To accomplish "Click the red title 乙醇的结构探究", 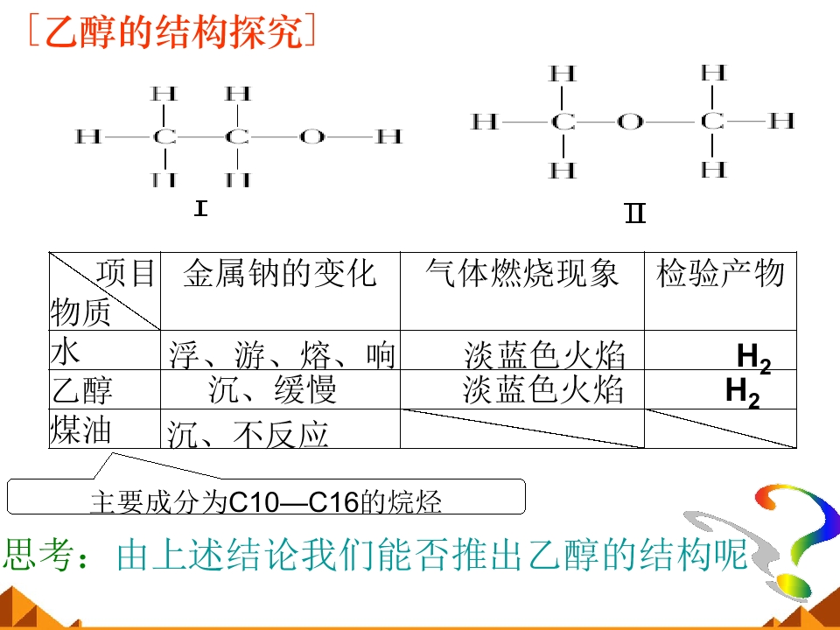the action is [x=171, y=31].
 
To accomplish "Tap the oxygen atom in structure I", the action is [x=311, y=136].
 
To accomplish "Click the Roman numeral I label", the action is [x=201, y=208].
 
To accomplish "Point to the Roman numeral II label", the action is [x=635, y=213].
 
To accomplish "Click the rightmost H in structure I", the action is [x=388, y=136].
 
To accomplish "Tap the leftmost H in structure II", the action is [x=484, y=122].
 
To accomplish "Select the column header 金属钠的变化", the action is [x=280, y=273].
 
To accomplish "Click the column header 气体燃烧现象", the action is [x=522, y=273].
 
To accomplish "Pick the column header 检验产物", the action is [x=720, y=273].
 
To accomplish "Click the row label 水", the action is [x=66, y=352].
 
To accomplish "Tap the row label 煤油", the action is [x=80, y=430].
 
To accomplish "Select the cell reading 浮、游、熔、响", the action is [x=283, y=354].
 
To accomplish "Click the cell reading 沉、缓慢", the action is [x=273, y=388].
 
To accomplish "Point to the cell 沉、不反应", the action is [x=248, y=433].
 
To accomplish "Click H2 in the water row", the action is [x=753, y=358].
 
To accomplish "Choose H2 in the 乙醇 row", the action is [x=743, y=393].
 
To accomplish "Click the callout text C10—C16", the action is [x=294, y=502].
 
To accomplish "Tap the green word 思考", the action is [x=38, y=555].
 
